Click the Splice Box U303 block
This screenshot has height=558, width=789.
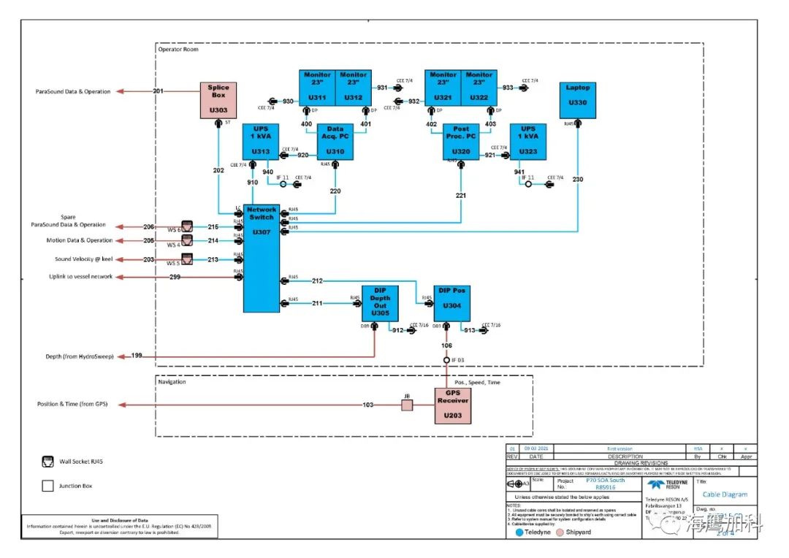pos(218,100)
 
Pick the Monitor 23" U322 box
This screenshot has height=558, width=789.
pos(479,87)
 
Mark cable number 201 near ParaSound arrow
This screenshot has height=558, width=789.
pos(158,91)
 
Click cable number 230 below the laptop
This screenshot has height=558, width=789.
pos(578,180)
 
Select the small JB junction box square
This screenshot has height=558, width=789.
pos(407,405)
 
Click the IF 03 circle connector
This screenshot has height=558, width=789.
pos(446,360)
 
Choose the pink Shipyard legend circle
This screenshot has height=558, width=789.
pos(560,532)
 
